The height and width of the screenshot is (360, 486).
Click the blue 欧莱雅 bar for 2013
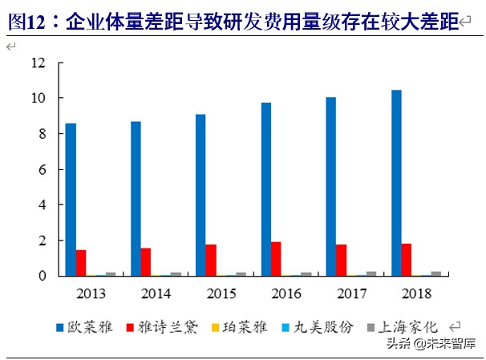click(71, 200)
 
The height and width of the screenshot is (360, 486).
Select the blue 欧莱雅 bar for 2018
click(396, 183)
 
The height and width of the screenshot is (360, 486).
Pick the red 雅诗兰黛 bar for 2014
click(146, 262)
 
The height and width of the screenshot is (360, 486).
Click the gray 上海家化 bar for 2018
click(436, 273)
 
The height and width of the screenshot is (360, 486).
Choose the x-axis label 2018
click(415, 293)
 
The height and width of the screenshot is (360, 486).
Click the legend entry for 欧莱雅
click(88, 327)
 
